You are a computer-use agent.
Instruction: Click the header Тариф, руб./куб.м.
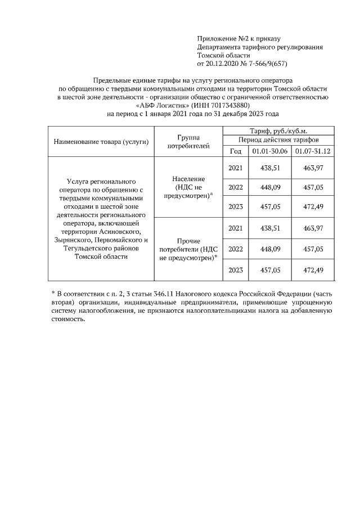pyautogui.click(x=278, y=130)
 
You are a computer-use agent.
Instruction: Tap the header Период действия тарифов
pyautogui.click(x=279, y=139)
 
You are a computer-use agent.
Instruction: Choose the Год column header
pyautogui.click(x=236, y=151)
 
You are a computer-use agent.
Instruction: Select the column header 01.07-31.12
pyautogui.click(x=312, y=151)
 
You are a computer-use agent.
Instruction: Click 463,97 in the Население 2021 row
pyautogui.click(x=313, y=168)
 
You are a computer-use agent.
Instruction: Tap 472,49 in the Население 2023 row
pyautogui.click(x=313, y=206)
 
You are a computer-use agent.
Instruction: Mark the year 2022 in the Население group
pyautogui.click(x=236, y=187)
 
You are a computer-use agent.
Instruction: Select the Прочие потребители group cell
pyautogui.click(x=188, y=249)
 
